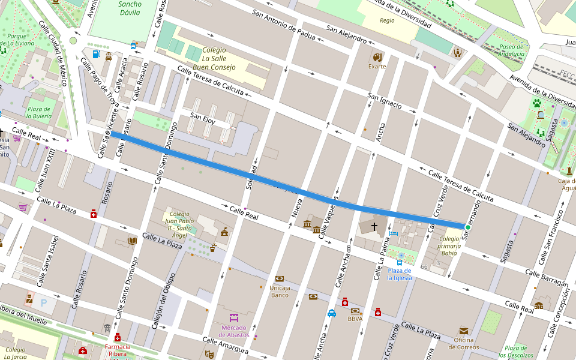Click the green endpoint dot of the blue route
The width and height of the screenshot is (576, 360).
pos(468,227)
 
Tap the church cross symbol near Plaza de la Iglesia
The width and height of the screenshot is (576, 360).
pos(374,227)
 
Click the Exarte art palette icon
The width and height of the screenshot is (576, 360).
pos(377,58)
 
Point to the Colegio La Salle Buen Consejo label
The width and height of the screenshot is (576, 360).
pos(215,59)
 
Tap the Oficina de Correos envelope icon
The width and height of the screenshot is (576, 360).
pos(464,331)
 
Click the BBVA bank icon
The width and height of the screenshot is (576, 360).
pos(355,311)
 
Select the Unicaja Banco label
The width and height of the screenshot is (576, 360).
pos(280,291)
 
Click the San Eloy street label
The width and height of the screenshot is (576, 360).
pos(203,115)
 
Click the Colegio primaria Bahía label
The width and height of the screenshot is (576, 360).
pos(449,246)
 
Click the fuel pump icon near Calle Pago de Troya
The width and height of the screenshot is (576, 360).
pos(97,53)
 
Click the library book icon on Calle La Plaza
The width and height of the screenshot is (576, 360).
pos(132,241)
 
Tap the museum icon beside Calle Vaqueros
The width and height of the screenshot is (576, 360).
pos(308,224)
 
